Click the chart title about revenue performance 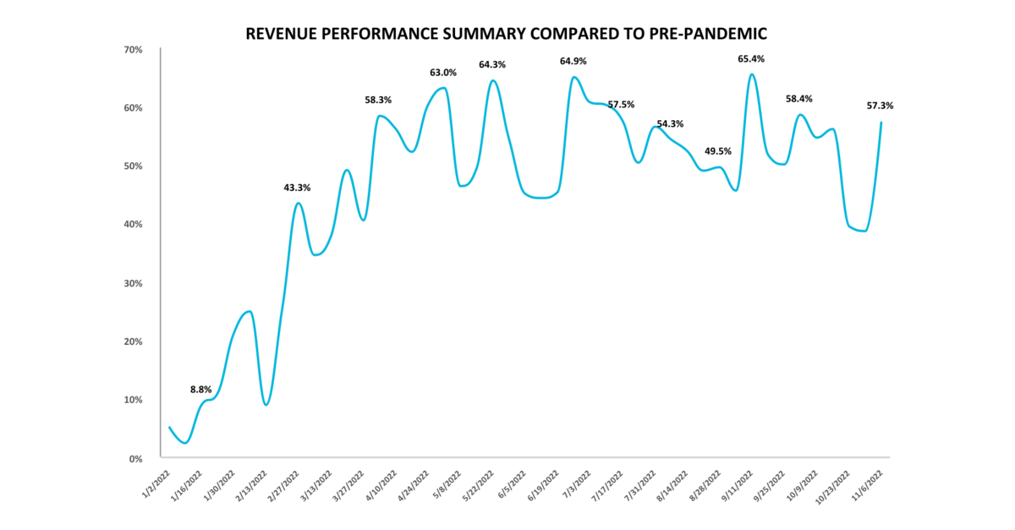[x=507, y=34]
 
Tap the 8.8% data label [x=200, y=390]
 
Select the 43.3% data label [x=296, y=187]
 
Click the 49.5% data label [x=717, y=151]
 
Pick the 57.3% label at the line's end [x=880, y=106]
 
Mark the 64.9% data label [x=573, y=62]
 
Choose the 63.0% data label [x=442, y=73]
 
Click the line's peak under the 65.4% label [x=752, y=74]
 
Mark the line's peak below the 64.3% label [x=493, y=81]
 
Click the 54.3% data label [x=670, y=123]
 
